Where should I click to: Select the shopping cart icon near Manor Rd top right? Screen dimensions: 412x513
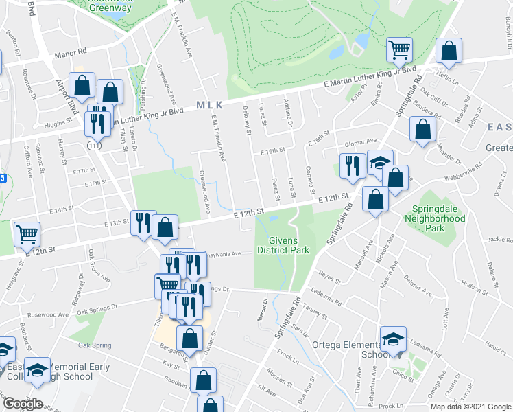pyautogui.click(x=398, y=49)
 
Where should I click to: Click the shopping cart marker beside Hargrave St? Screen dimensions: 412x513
pyautogui.click(x=27, y=234)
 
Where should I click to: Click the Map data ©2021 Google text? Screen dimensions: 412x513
pyautogui.click(x=470, y=407)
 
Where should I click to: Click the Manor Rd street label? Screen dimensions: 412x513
pyautogui.click(x=72, y=51)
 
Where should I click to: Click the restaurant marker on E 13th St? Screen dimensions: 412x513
pyautogui.click(x=143, y=222)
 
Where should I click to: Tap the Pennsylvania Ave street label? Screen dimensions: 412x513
pyautogui.click(x=230, y=253)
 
